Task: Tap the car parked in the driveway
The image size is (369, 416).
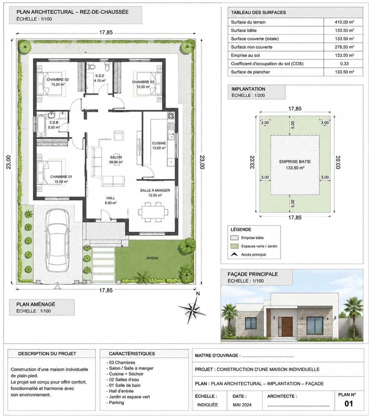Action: [57, 240]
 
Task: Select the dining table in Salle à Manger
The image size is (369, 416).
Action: [153, 212]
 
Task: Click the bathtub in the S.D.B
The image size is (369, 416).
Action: [41, 126]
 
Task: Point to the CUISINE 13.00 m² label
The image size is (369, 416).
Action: [159, 145]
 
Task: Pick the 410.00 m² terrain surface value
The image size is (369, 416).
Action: [344, 22]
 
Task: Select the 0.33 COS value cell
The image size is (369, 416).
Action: [344, 64]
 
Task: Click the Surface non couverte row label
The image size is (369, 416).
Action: [252, 47]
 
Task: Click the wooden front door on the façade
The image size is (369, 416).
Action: [287, 327]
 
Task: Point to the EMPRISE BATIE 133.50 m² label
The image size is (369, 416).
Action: [295, 165]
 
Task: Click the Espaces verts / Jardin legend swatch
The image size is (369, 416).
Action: [234, 246]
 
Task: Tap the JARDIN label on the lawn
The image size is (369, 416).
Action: [152, 258]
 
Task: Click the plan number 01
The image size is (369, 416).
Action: [348, 404]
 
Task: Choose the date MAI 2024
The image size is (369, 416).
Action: [242, 405]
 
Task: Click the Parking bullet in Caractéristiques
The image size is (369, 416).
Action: [115, 403]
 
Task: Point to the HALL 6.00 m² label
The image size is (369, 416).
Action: [111, 200]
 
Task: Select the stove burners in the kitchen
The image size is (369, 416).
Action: [171, 116]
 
